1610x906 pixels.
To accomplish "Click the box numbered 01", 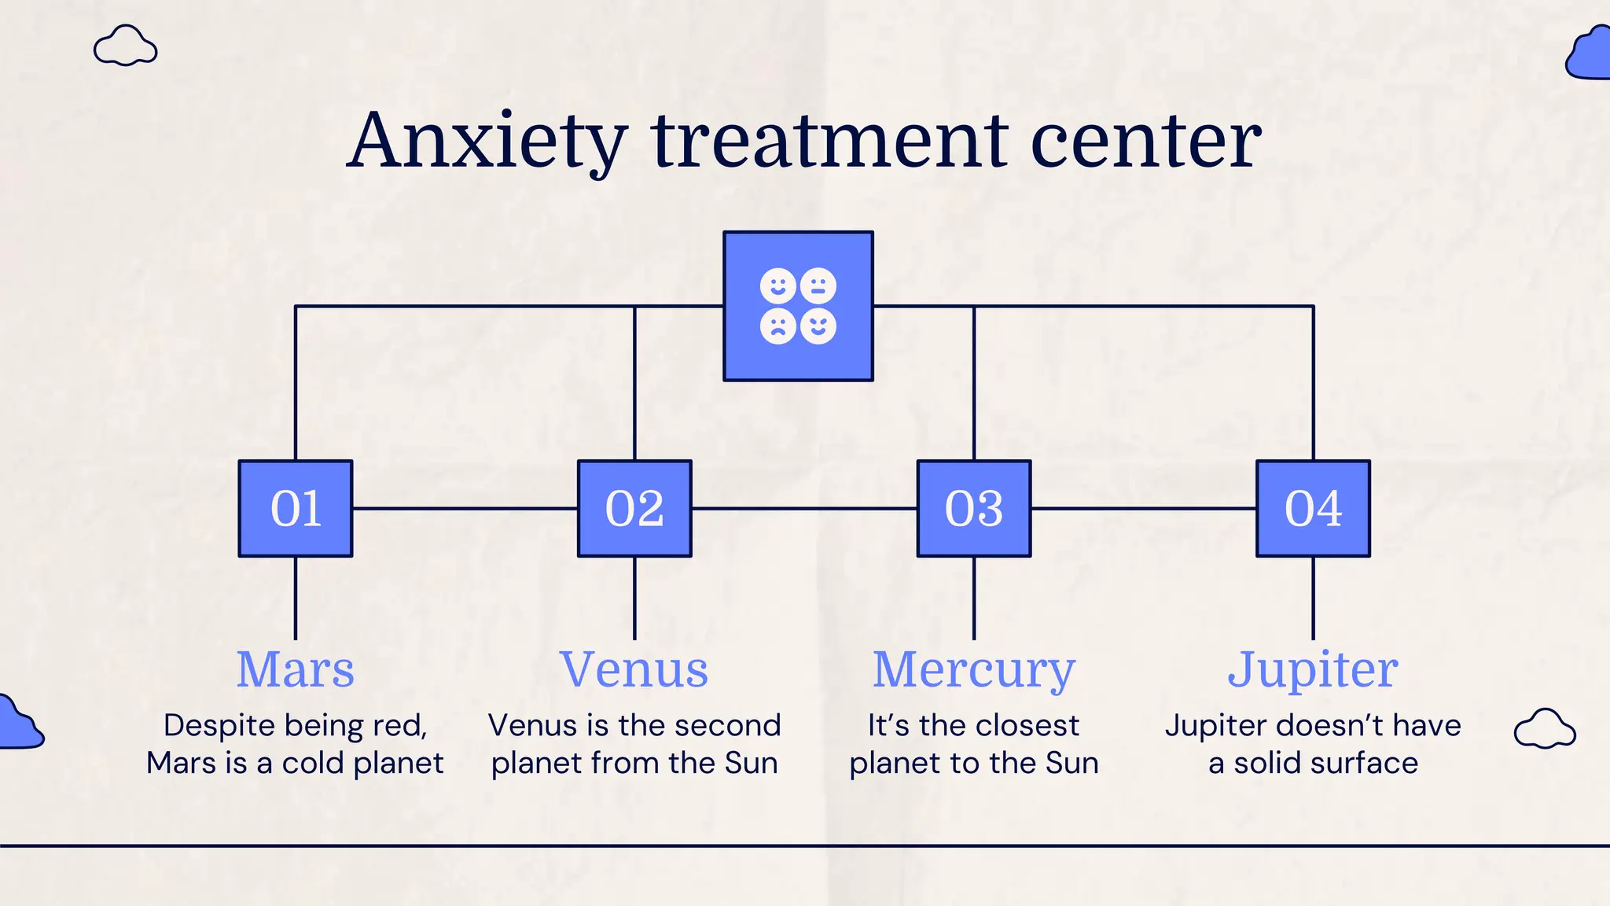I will point(296,509).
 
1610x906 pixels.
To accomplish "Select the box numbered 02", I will point(634,509).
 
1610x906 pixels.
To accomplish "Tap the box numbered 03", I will point(974,509).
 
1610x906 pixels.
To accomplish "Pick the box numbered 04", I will point(1313,509).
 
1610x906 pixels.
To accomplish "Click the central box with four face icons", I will point(798,306).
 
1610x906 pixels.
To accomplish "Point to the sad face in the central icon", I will point(778,326).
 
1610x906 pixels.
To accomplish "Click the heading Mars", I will point(296,669).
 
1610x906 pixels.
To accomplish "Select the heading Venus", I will point(634,669).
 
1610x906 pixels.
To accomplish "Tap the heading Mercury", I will point(974,671).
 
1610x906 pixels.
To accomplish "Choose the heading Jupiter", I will point(1313,671).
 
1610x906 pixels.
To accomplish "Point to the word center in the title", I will point(1145,142).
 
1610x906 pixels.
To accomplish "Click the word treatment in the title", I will point(830,142).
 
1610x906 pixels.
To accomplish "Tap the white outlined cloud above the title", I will point(125,46).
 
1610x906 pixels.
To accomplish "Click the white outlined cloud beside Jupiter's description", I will point(1545,729).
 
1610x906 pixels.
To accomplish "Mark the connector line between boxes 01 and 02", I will point(465,509).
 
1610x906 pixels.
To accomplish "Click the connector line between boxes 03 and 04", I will point(1144,509).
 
